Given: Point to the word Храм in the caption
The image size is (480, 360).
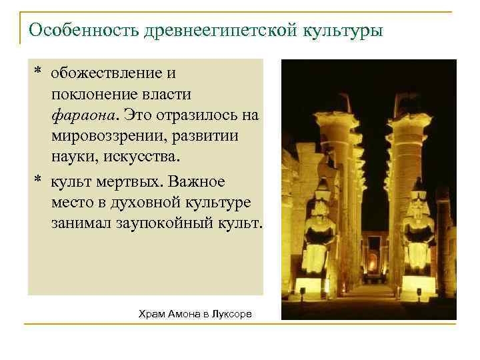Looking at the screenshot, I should point(151,313).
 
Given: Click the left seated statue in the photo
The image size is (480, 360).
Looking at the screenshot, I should point(319,233).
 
